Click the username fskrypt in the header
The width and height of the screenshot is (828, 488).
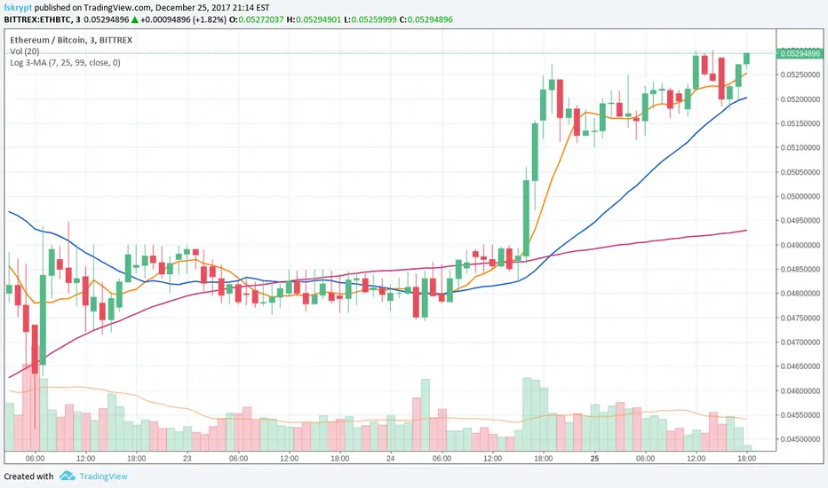point(19,5)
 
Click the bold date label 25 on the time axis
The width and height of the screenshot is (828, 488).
point(594,459)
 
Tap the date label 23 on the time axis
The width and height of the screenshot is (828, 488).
point(186,459)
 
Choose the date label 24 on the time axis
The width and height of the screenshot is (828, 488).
point(390,459)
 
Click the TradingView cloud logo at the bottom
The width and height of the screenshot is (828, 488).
point(68,476)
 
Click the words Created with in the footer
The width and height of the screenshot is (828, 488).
point(28,476)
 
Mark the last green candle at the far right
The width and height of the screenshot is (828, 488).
point(747,58)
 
